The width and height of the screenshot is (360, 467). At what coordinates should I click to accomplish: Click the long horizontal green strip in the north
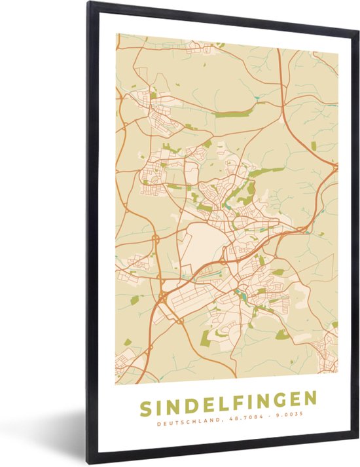tap(232, 114)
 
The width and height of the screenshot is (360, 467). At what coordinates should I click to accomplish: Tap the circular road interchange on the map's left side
tap(156, 240)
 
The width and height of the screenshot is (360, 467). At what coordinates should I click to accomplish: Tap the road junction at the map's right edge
tap(334, 168)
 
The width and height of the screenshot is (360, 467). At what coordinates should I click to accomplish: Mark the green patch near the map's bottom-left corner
tap(128, 342)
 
